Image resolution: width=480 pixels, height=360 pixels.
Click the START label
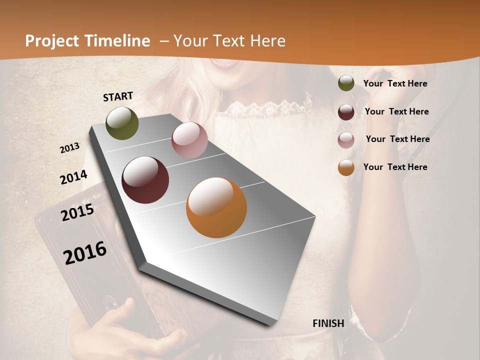point(118,96)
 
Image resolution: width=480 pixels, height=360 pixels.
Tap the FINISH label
point(328,323)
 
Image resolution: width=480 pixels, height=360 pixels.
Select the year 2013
point(69,148)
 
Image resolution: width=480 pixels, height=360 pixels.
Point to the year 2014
point(73,177)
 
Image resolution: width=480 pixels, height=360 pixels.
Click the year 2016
point(85,252)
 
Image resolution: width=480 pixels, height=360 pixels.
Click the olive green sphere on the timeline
point(122,123)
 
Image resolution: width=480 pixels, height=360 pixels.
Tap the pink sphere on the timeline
point(189,140)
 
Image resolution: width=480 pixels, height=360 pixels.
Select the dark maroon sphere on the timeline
point(145,179)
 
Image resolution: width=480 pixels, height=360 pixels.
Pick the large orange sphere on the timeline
point(216,207)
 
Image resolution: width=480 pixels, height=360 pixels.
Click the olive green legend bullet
point(346,83)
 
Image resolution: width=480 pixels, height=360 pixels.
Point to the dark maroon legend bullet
point(346,111)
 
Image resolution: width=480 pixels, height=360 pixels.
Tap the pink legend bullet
point(346,139)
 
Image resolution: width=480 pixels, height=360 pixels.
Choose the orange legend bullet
point(346,167)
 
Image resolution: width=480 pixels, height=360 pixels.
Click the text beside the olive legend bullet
point(395,83)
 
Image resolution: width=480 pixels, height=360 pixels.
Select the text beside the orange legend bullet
point(395,167)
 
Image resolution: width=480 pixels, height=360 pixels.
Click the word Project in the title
point(52,41)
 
